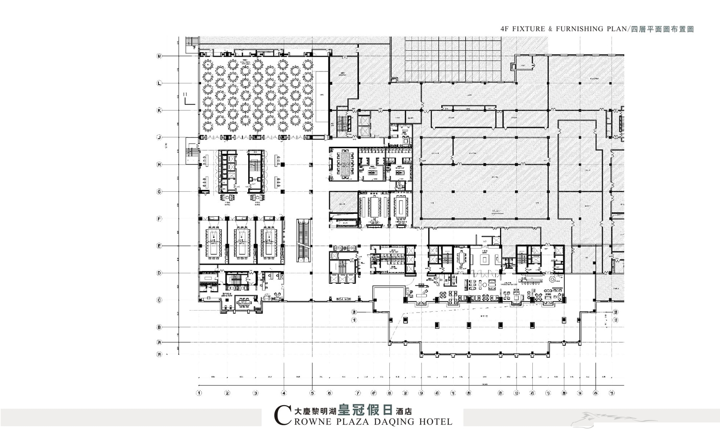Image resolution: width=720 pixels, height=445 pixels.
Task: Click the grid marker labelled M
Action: (159, 56)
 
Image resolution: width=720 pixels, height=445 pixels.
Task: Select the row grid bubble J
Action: (159, 138)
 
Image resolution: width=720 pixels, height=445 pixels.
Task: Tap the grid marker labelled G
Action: (159, 192)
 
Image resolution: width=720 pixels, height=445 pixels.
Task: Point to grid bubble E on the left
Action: (159, 246)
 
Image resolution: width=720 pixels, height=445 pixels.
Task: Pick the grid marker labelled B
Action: (159, 328)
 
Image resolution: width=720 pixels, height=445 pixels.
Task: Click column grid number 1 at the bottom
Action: (199, 393)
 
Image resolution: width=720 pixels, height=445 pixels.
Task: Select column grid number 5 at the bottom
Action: (312, 393)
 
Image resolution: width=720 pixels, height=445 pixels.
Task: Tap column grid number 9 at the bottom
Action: (421, 393)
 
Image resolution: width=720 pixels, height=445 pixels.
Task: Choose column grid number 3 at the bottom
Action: (255, 393)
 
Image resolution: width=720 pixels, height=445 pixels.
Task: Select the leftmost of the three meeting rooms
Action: (214, 240)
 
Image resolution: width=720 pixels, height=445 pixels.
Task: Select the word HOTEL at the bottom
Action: (436, 422)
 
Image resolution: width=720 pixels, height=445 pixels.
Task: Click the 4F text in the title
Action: (504, 29)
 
